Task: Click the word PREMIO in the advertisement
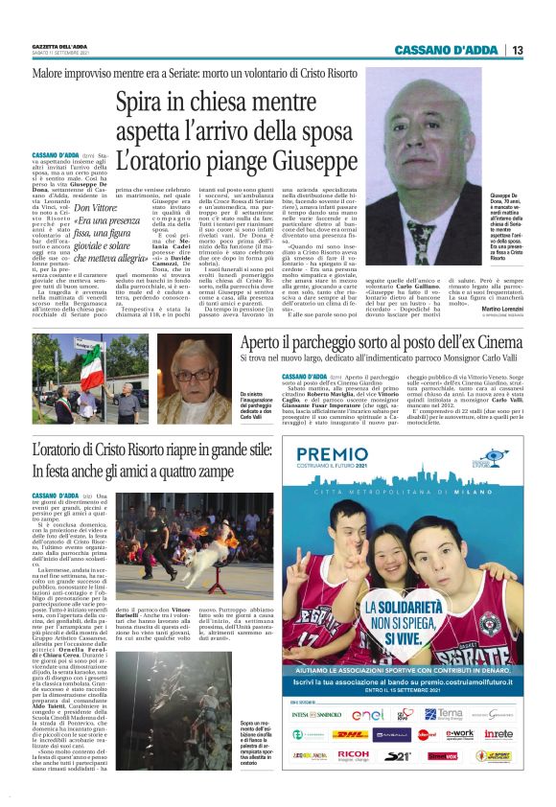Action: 335,457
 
